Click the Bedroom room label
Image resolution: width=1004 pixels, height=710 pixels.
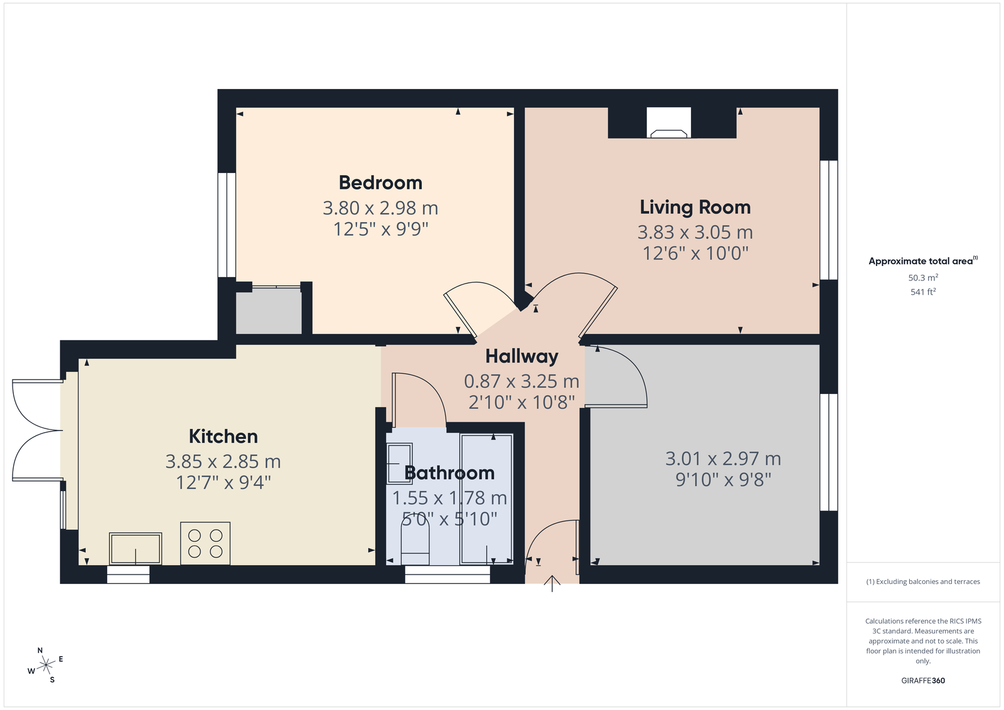click(x=380, y=183)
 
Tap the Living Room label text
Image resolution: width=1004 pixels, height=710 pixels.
click(x=695, y=207)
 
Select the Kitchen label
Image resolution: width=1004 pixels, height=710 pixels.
click(x=223, y=437)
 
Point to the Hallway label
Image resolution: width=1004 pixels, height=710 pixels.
click(x=521, y=356)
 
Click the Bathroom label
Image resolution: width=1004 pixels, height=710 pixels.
click(x=449, y=473)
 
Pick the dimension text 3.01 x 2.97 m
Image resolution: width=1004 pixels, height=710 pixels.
click(x=723, y=458)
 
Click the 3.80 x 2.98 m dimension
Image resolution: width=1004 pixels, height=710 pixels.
click(x=380, y=208)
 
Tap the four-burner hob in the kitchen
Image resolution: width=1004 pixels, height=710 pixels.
click(x=205, y=543)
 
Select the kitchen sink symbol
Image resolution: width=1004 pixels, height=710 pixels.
click(x=136, y=548)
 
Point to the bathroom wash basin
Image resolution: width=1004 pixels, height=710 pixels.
click(x=399, y=464)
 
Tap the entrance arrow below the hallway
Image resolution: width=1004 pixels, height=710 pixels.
click(x=552, y=584)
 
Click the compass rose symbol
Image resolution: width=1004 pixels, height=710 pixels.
click(x=45, y=665)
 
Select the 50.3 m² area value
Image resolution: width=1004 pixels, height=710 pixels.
click(x=923, y=278)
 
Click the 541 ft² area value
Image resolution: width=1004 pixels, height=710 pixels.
click(x=923, y=292)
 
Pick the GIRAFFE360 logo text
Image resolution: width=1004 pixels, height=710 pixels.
click(x=923, y=681)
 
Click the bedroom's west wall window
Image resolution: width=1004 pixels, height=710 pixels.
click(x=227, y=225)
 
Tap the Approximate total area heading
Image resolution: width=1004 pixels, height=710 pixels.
click(x=923, y=261)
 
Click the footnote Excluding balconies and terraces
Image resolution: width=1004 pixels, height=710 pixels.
click(x=923, y=581)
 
